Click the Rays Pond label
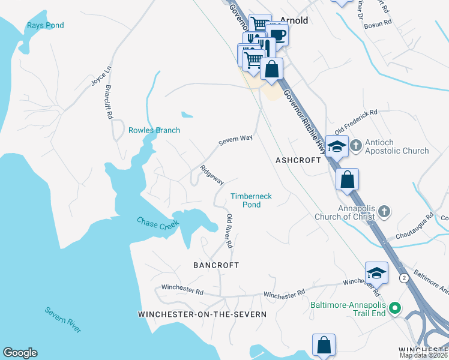[x=45, y=25]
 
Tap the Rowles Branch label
[x=154, y=130]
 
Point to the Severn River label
[x=63, y=320]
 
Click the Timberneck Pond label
[x=246, y=200]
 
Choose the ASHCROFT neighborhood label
[x=299, y=161]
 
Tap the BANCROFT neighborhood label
[x=216, y=265]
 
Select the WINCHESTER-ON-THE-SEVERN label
[x=202, y=314]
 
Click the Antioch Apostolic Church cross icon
[x=355, y=145]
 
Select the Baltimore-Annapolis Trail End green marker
[x=394, y=309]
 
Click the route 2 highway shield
[x=404, y=278]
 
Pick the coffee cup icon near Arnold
[x=277, y=35]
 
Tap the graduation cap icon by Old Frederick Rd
[x=337, y=147]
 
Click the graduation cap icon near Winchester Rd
[x=376, y=274]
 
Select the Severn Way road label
[x=235, y=140]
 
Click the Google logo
[x=20, y=353]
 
